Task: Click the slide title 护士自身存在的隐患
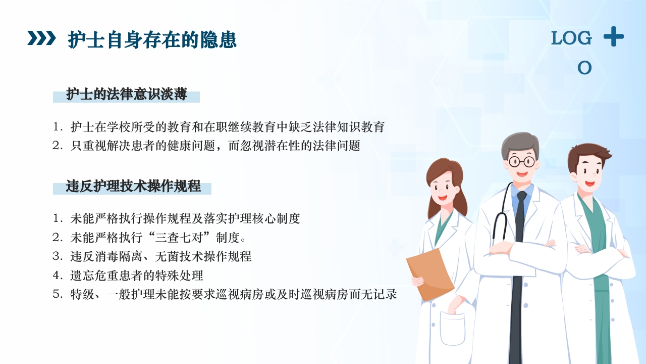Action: click(x=152, y=39)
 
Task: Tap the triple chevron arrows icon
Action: click(x=41, y=38)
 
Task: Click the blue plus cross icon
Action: click(x=613, y=37)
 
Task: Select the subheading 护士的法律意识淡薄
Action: click(x=126, y=95)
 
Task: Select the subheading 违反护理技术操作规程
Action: click(x=133, y=187)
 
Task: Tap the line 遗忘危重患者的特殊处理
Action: click(x=136, y=275)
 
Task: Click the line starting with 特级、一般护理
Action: click(x=233, y=294)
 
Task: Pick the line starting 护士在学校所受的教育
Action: click(x=227, y=127)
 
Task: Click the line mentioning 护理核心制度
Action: click(x=185, y=218)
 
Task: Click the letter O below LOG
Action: click(x=584, y=67)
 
